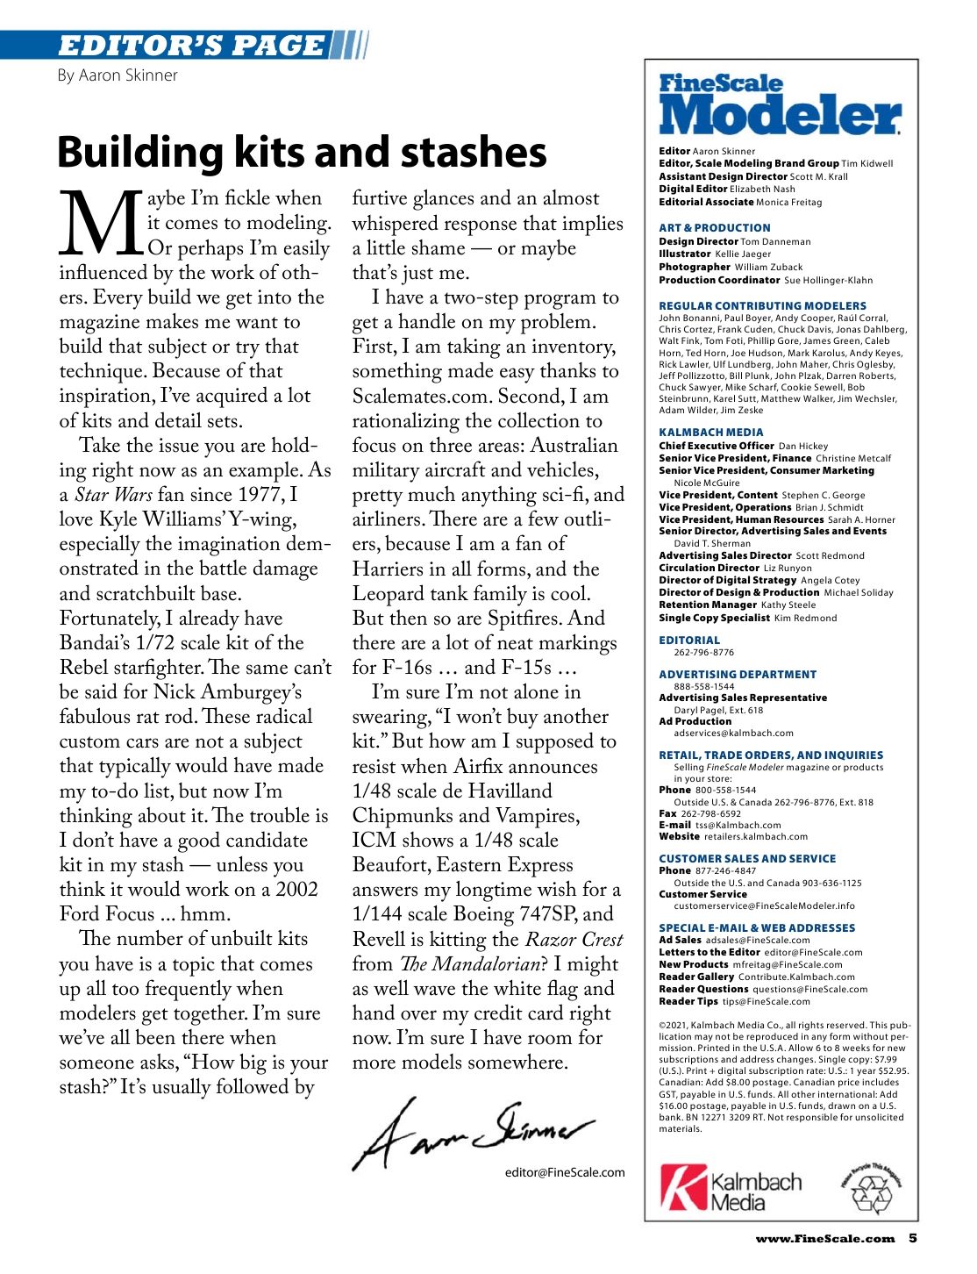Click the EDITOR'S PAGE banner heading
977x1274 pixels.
coord(190,45)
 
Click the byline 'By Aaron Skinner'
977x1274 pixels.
coord(118,75)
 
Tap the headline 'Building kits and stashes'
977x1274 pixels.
coord(302,152)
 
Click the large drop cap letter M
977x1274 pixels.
coord(101,224)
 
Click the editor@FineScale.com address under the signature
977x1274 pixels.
coord(565,1172)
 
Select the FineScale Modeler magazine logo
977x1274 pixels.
coord(780,105)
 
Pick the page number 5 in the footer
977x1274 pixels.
coord(913,1239)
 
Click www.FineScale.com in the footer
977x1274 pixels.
coord(825,1239)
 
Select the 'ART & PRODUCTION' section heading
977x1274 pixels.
coord(715,227)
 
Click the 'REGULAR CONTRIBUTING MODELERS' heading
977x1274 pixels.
coord(762,306)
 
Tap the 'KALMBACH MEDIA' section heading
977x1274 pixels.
coord(711,433)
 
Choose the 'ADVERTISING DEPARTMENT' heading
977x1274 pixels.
coord(738,675)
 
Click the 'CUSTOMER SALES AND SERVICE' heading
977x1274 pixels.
coord(747,859)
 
